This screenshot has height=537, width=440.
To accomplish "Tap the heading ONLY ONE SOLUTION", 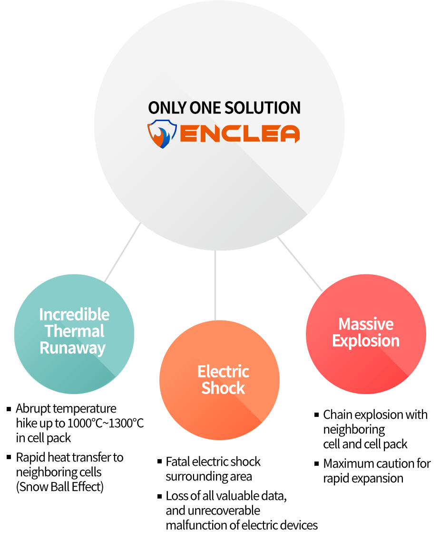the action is point(224,108).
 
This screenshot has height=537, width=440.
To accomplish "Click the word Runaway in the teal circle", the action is point(72,348).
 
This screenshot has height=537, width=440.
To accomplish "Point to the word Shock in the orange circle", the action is point(223,388).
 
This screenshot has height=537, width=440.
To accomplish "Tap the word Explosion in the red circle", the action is point(366,341).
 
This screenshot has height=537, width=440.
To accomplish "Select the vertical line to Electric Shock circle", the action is point(215,285).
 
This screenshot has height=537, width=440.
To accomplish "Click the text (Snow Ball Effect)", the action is point(59,487).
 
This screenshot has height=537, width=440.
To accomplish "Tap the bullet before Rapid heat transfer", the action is point(9,457).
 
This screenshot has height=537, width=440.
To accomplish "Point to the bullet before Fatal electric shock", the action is point(159,461).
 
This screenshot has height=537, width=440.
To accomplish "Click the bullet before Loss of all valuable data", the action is point(159,496).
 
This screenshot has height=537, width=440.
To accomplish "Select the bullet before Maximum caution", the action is point(317,463).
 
